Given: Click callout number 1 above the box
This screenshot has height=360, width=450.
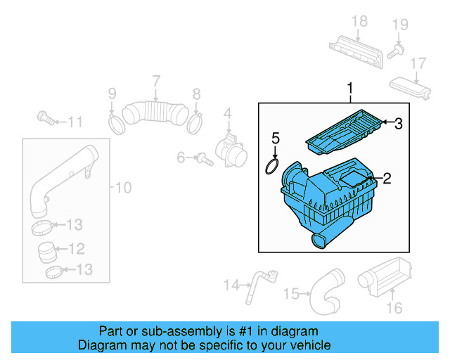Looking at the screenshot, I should click(x=349, y=89).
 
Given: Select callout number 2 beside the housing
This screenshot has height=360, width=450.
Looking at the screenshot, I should click(x=386, y=179).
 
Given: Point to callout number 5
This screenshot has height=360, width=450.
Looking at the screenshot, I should click(x=276, y=137).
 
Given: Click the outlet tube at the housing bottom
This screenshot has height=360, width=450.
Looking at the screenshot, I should click(x=319, y=242).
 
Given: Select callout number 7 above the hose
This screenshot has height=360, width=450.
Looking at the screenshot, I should click(x=156, y=82).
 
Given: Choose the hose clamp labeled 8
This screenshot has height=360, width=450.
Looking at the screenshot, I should click(x=195, y=124).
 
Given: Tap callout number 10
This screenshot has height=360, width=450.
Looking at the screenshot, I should click(x=123, y=188).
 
